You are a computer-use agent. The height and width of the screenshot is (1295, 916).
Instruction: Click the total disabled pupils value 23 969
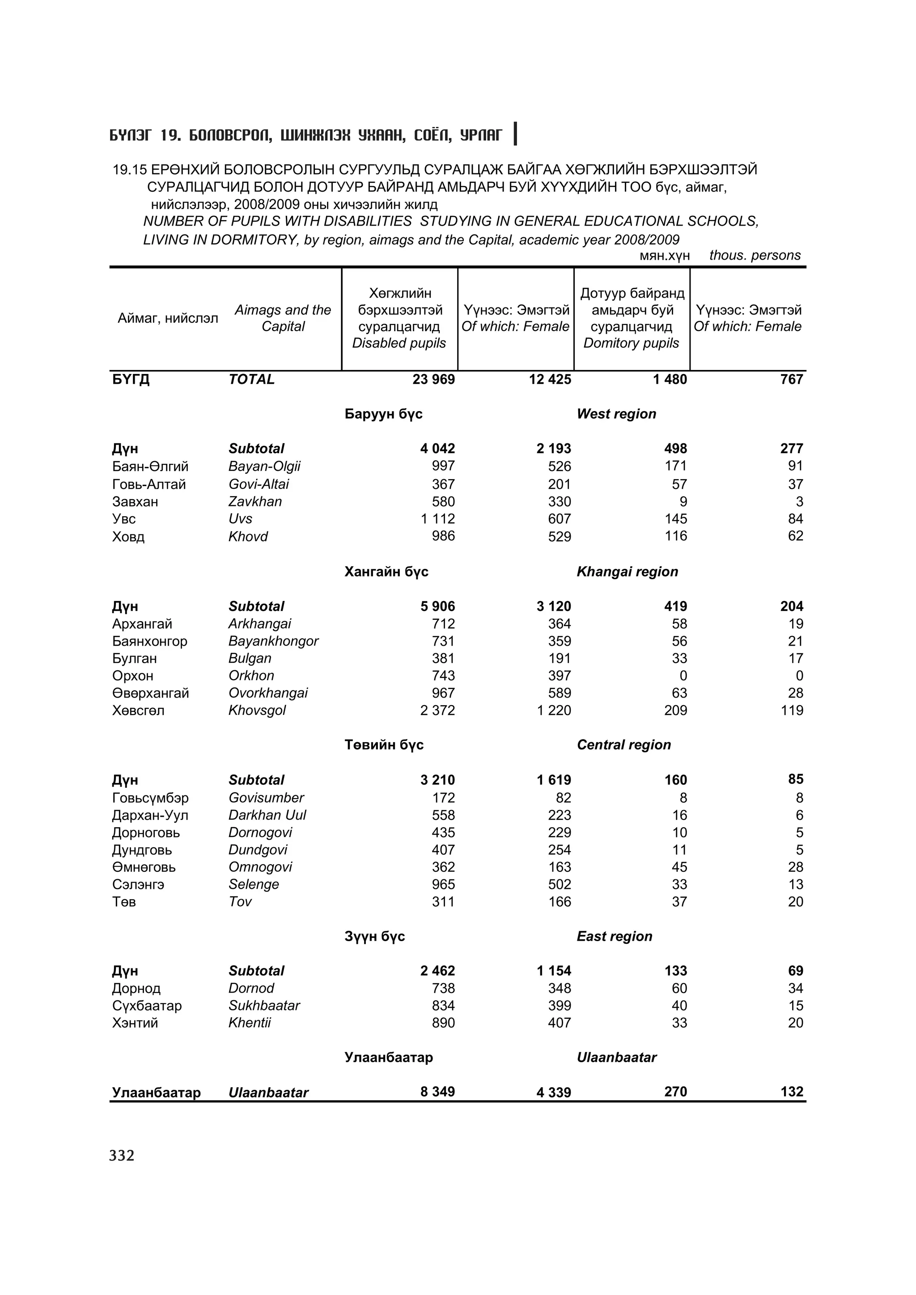coord(433,379)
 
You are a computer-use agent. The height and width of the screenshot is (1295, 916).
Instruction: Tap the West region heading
coord(616,414)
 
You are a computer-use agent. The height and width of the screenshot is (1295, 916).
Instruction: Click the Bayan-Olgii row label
coord(264,467)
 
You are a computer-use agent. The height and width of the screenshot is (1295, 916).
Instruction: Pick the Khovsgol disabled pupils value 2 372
coord(437,711)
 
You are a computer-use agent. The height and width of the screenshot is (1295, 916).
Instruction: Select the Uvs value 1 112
coord(437,519)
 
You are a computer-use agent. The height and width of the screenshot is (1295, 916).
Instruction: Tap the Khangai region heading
coord(627,572)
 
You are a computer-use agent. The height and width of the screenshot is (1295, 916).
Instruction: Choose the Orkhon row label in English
coord(251,676)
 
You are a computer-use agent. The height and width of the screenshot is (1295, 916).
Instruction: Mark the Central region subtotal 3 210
coord(437,780)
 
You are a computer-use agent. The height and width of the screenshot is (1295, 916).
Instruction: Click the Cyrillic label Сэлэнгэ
coord(138,884)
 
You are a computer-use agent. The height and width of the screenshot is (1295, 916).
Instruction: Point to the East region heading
coord(614,936)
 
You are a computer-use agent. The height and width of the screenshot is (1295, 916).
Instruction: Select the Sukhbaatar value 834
coord(443,1005)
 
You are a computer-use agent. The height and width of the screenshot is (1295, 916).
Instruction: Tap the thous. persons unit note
coord(755,255)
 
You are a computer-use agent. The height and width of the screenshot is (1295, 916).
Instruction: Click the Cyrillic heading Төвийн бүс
coord(384,745)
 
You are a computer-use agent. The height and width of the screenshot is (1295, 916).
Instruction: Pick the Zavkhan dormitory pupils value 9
coord(683,501)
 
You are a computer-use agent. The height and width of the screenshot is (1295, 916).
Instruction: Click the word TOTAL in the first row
coord(252,379)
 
